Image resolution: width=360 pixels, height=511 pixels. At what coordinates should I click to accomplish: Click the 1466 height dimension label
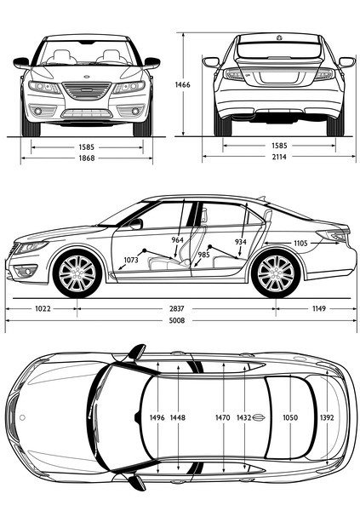click(182, 85)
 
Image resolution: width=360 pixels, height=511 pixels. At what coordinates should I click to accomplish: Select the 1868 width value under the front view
click(87, 158)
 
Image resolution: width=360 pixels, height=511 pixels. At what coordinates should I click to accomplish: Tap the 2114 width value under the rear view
click(279, 157)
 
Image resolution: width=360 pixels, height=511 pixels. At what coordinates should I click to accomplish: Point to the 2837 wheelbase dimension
click(176, 308)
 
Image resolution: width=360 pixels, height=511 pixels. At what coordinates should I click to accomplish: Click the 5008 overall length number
click(176, 321)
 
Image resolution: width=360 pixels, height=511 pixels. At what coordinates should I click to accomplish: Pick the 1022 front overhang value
click(43, 308)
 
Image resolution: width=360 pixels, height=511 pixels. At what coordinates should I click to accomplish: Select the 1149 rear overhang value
click(319, 308)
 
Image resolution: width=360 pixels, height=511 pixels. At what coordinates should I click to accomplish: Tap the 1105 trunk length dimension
click(300, 243)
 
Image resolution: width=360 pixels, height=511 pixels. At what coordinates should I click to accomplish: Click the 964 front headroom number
click(178, 240)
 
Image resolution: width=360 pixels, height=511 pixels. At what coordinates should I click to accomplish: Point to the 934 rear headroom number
click(241, 242)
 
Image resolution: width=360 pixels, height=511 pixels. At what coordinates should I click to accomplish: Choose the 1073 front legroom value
click(131, 260)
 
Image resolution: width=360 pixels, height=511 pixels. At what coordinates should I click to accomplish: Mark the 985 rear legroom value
click(203, 255)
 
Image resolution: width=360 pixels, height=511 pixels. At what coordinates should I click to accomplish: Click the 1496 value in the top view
click(157, 417)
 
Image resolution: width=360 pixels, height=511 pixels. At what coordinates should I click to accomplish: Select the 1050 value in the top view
click(290, 417)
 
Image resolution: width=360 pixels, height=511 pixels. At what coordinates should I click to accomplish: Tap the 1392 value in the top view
click(327, 417)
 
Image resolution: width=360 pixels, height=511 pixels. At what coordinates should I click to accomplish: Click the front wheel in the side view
click(77, 273)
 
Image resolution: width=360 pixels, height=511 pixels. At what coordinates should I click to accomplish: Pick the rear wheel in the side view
click(276, 273)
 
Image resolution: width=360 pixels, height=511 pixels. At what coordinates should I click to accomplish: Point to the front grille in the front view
click(87, 90)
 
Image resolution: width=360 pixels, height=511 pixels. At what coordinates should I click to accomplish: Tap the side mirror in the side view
click(136, 224)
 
